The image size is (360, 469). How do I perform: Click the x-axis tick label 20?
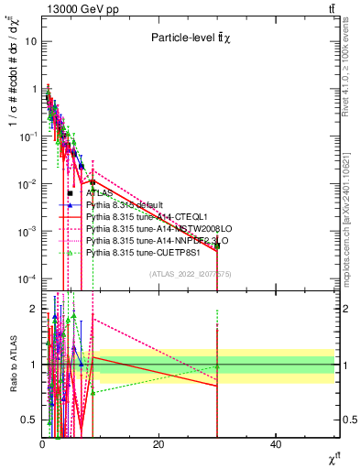click(x=158, y=445)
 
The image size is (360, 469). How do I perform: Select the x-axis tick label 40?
click(x=276, y=445)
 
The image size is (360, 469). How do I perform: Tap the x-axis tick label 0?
click(x=42, y=445)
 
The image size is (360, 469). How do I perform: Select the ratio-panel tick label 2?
click(x=33, y=308)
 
